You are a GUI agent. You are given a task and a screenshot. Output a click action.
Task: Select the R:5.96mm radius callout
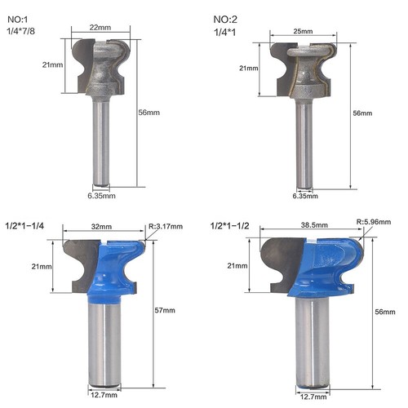point(375,220)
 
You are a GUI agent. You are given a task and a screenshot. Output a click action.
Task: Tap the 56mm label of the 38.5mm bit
point(383,311)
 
